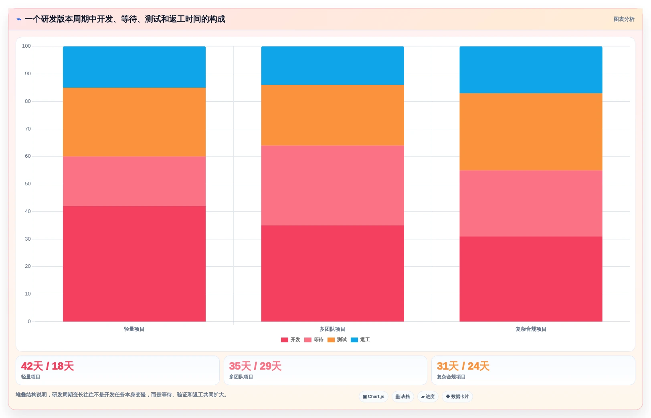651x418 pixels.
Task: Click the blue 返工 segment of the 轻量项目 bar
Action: (x=134, y=67)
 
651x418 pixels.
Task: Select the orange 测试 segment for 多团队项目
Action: (x=332, y=115)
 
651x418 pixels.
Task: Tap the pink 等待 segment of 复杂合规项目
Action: (x=531, y=203)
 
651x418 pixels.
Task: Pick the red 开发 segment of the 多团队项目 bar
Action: (x=332, y=273)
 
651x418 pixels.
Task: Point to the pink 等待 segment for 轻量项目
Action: (x=134, y=181)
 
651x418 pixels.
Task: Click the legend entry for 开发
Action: (x=290, y=340)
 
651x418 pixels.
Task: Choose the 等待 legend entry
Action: (x=313, y=340)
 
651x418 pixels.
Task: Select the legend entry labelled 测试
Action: (x=337, y=340)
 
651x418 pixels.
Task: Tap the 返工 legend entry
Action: (x=360, y=340)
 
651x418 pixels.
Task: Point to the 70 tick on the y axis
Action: (x=28, y=129)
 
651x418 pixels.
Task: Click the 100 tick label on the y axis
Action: (x=26, y=46)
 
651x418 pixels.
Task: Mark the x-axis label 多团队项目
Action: (x=332, y=329)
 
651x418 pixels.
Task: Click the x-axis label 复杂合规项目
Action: (x=531, y=329)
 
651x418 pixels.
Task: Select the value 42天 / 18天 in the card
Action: (x=47, y=366)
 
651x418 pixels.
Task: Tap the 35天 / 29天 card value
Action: (x=255, y=366)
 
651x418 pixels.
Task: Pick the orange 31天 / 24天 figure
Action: (x=463, y=366)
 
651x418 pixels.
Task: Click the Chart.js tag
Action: (x=374, y=396)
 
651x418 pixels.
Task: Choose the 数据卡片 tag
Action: (x=457, y=396)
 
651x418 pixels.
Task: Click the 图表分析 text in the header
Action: (x=624, y=19)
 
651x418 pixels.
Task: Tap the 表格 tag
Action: (x=403, y=396)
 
